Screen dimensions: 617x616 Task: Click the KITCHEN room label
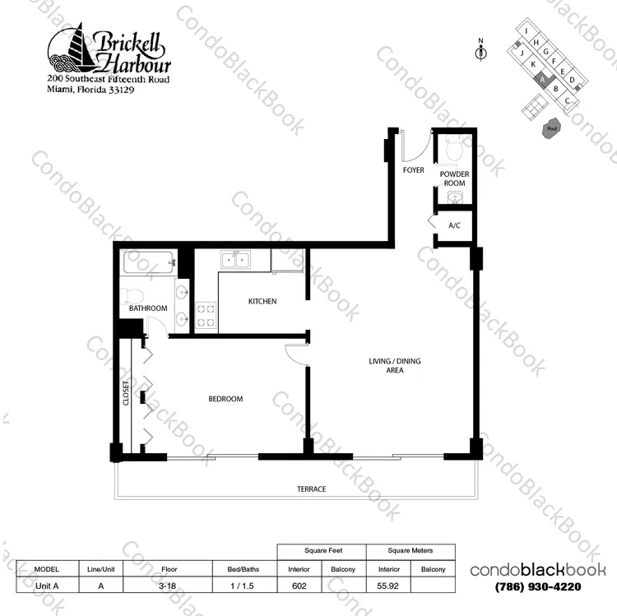tap(262, 301)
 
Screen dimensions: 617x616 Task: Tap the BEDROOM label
tap(225, 399)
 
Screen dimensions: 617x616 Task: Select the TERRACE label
tap(311, 489)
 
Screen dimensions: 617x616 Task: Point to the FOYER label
tap(414, 170)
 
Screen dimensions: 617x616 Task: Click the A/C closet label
tap(454, 225)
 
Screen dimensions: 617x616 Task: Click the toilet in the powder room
tap(453, 148)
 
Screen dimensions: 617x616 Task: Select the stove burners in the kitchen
tap(206, 316)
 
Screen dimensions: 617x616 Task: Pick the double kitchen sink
tap(235, 260)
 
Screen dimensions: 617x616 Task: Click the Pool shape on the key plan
tap(552, 128)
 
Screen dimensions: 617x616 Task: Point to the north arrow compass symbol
tap(481, 50)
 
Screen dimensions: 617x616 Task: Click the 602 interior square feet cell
tap(299, 586)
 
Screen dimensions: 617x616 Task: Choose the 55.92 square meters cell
tap(388, 586)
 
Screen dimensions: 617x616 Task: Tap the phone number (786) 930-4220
tap(538, 587)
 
